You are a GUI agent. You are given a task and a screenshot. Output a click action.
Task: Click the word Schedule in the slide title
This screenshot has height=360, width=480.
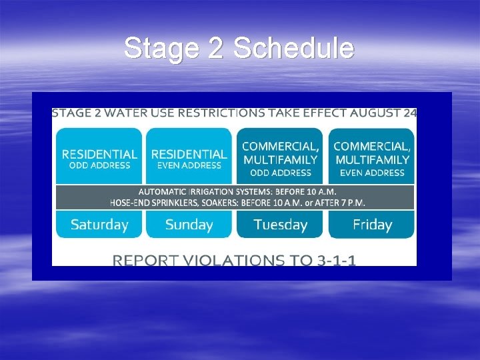294,48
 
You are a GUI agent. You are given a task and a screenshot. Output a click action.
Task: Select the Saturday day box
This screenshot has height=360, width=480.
99,225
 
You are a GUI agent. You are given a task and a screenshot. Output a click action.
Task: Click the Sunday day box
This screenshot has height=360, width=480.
189,225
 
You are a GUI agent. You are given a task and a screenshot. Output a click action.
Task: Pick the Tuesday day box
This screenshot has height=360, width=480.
281,225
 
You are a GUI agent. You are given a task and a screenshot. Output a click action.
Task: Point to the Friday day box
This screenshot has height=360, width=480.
372,225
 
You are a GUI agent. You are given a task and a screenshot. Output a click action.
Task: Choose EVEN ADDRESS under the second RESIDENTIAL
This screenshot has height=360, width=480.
189,166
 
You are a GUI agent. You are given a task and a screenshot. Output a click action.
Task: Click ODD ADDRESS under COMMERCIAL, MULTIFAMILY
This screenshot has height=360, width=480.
281,173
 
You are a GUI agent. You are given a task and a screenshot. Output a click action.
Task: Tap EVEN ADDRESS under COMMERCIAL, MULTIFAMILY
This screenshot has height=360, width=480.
372,173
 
